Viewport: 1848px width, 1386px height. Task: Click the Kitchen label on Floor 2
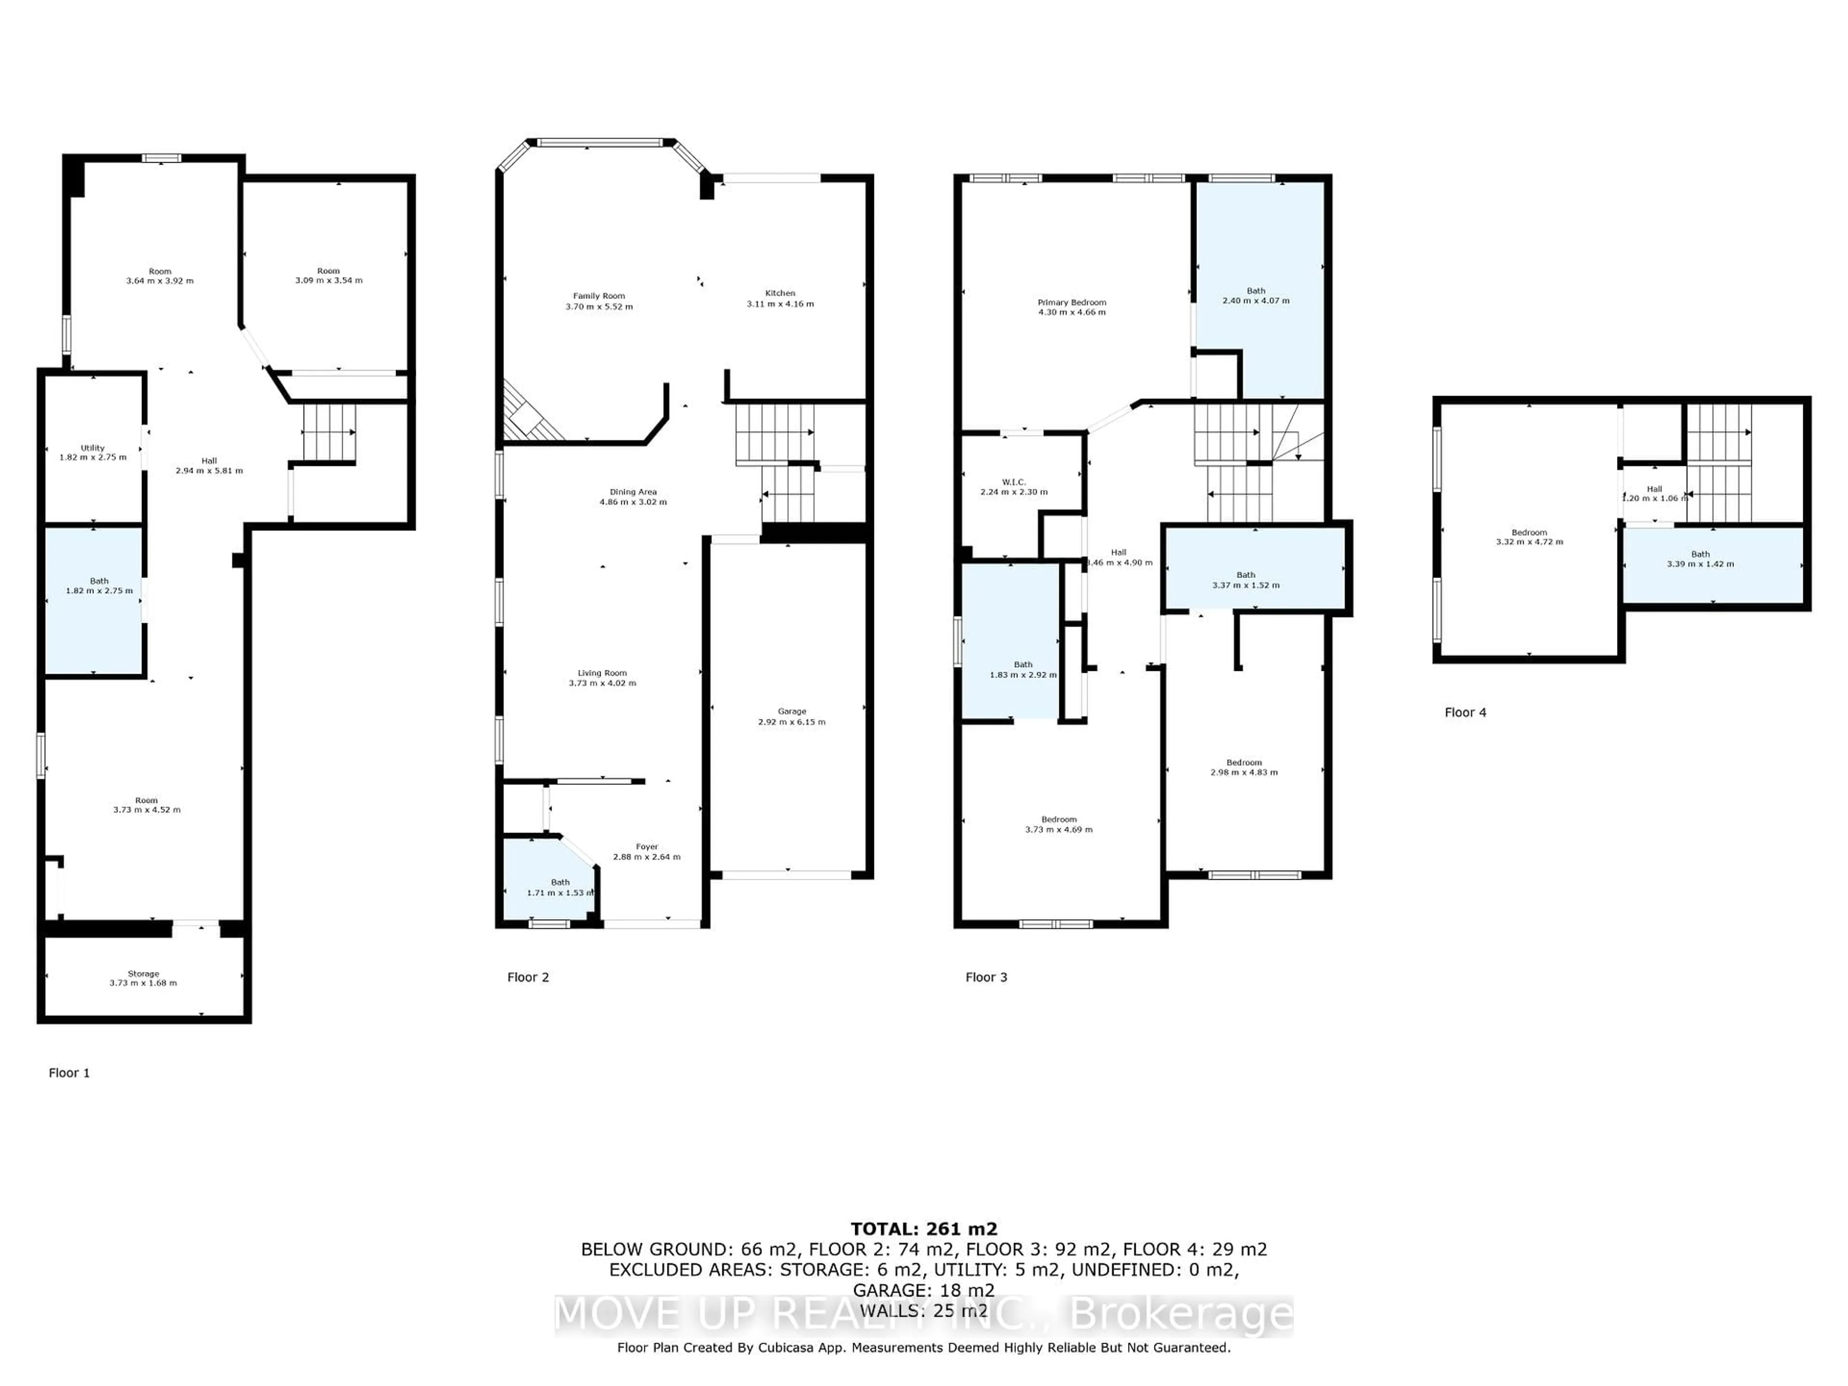pos(780,293)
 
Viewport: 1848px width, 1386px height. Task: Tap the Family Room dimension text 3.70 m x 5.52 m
pos(599,307)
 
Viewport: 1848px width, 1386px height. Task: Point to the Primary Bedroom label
pos(1072,302)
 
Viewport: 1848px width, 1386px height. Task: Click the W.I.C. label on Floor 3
pos(1014,482)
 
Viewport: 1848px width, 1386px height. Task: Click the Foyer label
pos(647,847)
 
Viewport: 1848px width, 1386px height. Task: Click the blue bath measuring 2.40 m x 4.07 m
pos(1256,296)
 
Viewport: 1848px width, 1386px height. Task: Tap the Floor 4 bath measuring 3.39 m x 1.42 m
pos(1700,559)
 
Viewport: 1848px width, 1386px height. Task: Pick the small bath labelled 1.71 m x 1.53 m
pos(560,887)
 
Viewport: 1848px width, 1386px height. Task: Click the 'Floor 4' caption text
pos(1465,713)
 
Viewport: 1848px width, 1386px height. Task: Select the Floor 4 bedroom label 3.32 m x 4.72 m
pos(1529,537)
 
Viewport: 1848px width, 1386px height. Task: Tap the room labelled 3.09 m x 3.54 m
pos(328,276)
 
